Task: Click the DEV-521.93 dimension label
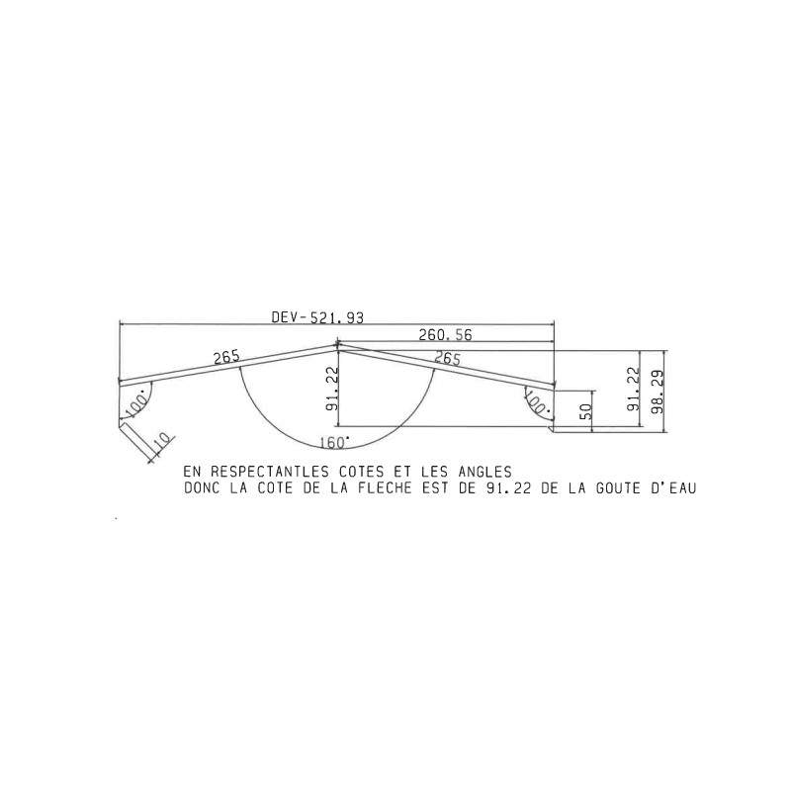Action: [317, 317]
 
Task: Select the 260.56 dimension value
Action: [446, 335]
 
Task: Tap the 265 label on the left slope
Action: [226, 357]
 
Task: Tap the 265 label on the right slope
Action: [448, 358]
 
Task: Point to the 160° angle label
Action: [334, 442]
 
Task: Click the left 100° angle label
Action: [137, 403]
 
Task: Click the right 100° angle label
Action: [537, 402]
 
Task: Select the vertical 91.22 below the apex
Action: [332, 388]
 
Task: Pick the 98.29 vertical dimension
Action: [658, 391]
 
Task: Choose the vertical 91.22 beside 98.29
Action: [633, 389]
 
